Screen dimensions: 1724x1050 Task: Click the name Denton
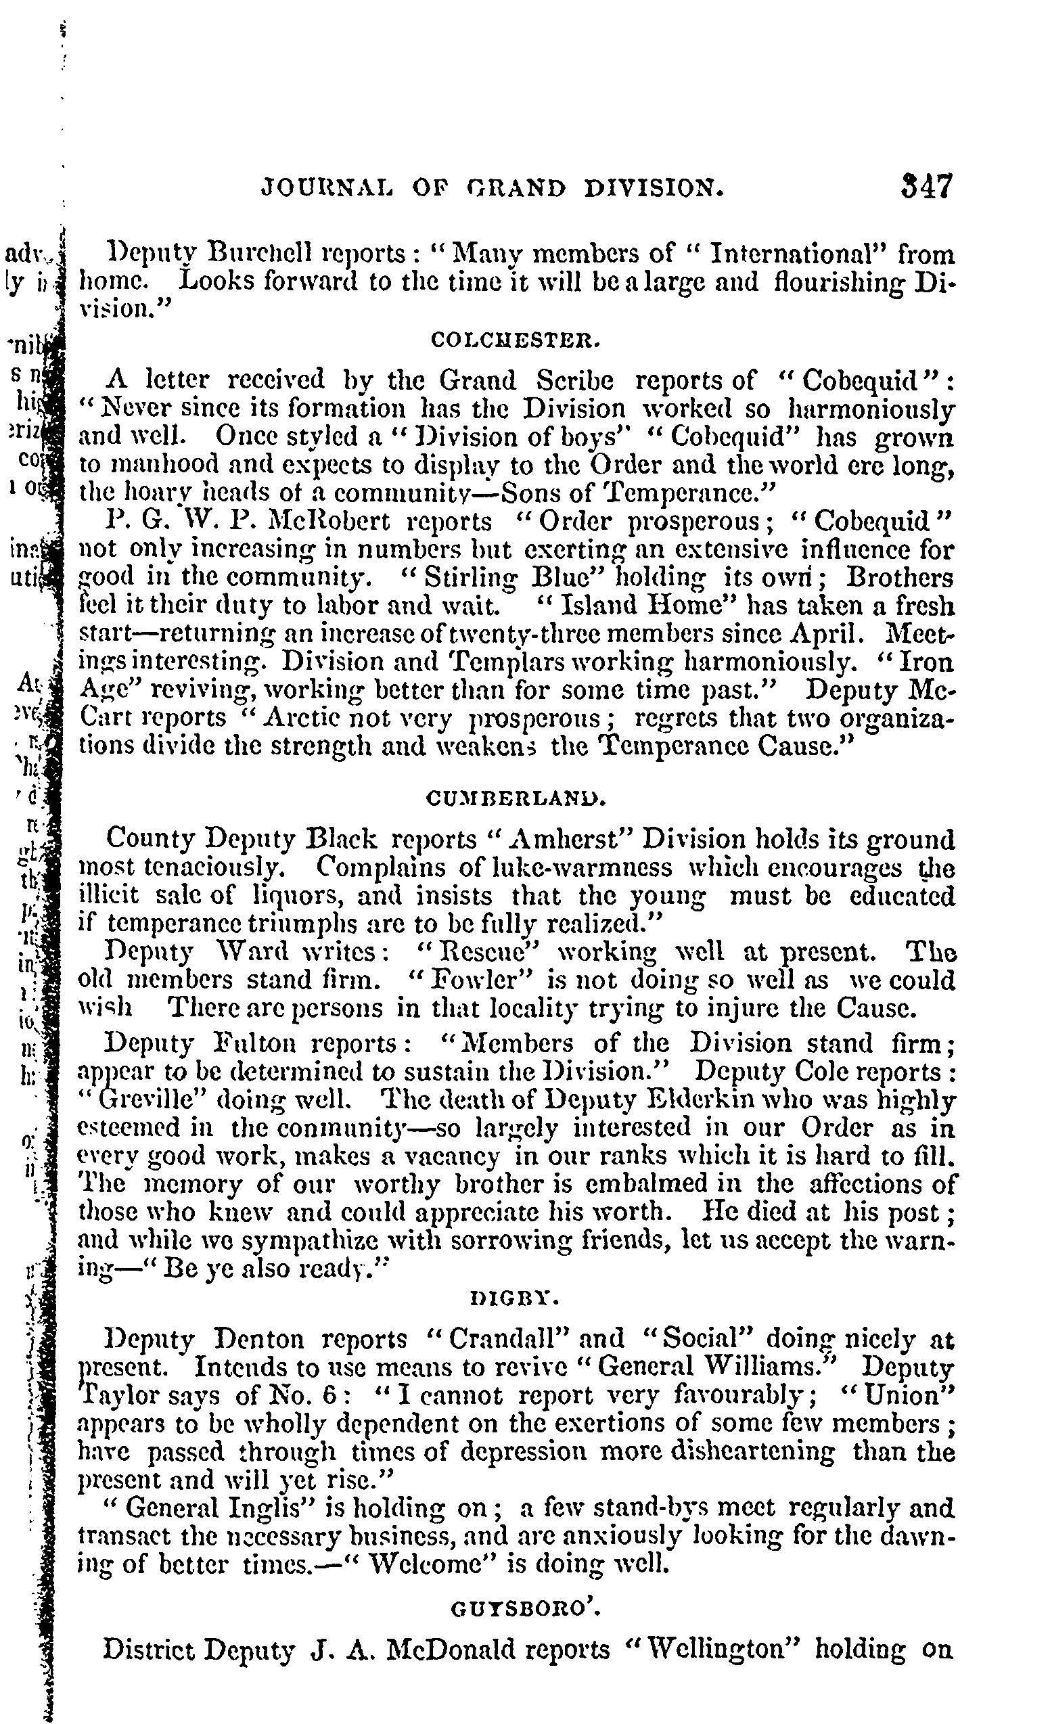258,1338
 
